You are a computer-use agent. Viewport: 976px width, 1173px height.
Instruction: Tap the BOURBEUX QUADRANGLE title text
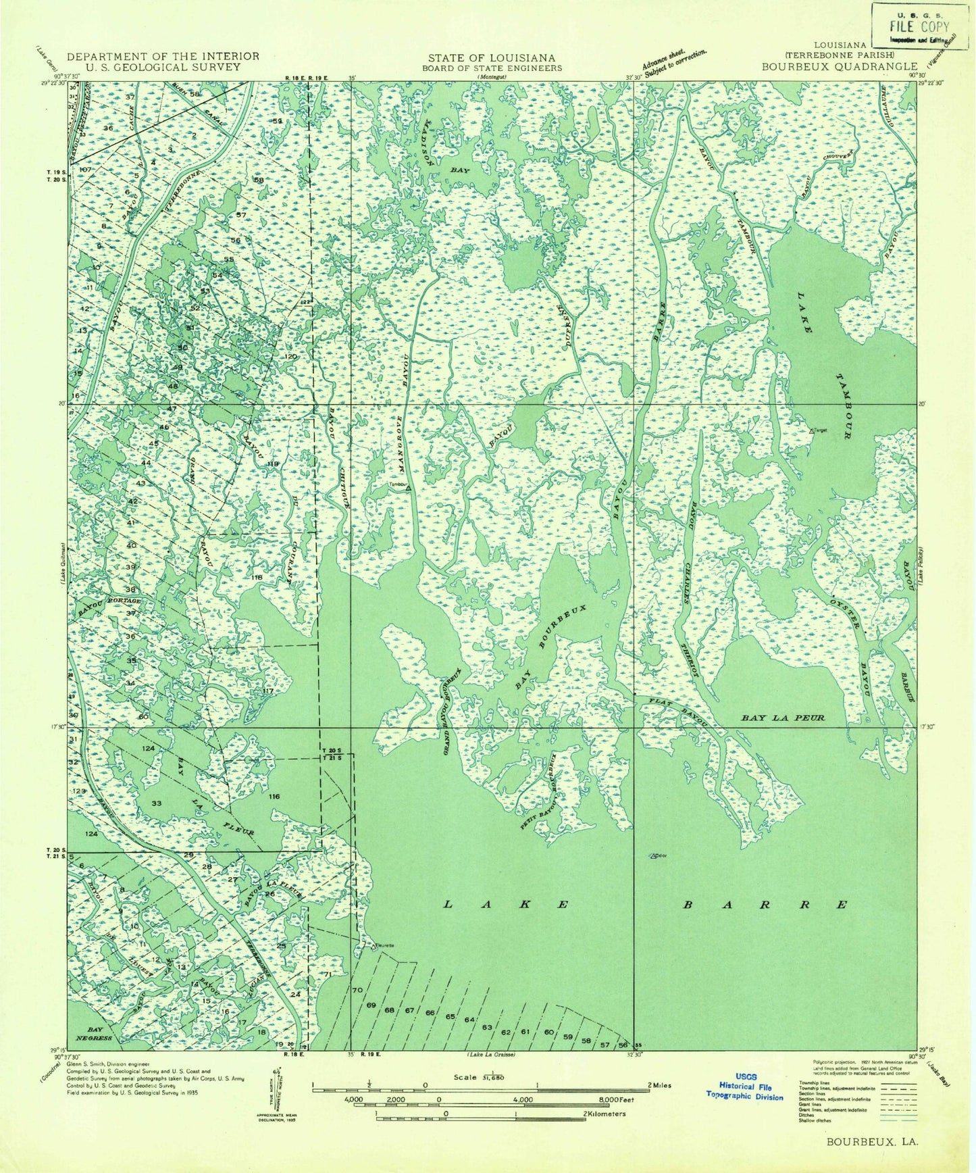[840, 66]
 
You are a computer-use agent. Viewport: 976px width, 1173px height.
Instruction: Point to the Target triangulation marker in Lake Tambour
[813, 430]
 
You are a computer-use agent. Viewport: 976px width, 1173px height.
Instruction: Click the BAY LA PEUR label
[783, 718]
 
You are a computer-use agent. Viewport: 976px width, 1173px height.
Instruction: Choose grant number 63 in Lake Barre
[486, 1028]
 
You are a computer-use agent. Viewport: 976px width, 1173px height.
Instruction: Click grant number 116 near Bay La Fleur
[274, 797]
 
